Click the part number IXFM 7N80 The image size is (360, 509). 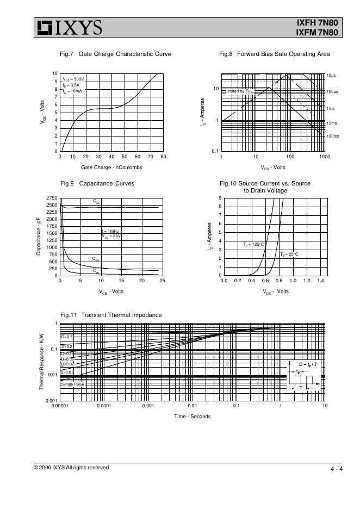tap(317, 33)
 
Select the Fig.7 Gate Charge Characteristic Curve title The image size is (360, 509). tap(115, 54)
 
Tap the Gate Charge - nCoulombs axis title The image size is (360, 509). tap(111, 167)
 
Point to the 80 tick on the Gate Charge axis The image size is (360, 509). tap(163, 157)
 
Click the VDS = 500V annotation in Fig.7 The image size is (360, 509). tap(73, 79)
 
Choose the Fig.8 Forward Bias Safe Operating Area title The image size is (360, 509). tap(274, 54)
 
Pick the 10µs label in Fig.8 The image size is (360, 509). tap(331, 75)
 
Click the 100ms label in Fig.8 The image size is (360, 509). tap(332, 136)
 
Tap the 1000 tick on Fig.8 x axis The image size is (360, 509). tap(324, 157)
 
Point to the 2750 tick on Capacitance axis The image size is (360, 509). tap(52, 198)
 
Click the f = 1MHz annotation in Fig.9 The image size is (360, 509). tap(110, 232)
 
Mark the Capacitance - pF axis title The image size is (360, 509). tap(39, 237)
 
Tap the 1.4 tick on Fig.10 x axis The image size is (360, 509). tap(320, 281)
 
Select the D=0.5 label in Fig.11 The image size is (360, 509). tap(67, 337)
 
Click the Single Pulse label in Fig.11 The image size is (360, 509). tap(73, 384)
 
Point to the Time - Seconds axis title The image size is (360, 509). tap(192, 417)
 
